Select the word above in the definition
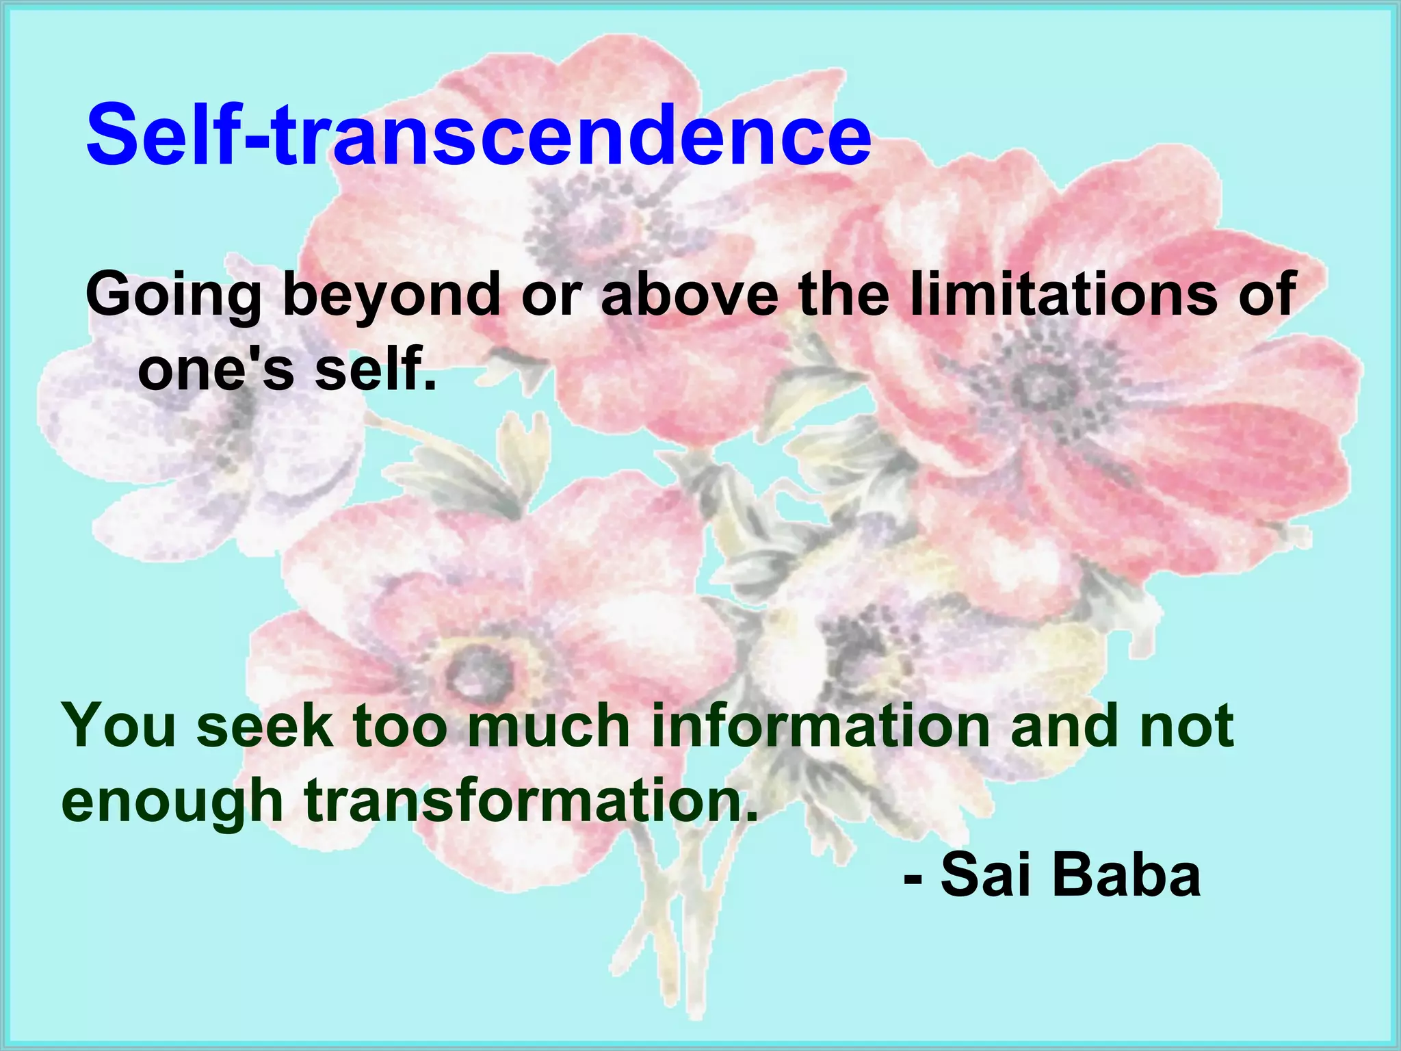690,294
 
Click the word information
820,726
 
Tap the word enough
172,802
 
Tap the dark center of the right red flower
1041,385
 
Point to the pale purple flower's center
236,404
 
